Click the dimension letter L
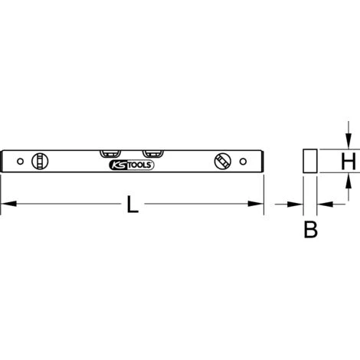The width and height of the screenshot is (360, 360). [133, 205]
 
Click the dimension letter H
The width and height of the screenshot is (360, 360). [349, 161]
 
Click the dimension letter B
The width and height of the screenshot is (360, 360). [311, 229]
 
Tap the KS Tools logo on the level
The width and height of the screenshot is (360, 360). [132, 165]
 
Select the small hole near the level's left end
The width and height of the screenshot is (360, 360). [20, 162]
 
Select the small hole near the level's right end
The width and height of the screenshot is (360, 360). [243, 162]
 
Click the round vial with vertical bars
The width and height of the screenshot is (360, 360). [40, 162]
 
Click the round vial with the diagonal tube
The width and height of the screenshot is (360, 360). [223, 162]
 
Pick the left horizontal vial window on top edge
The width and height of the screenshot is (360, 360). [110, 154]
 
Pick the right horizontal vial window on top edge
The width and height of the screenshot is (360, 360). [153, 154]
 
